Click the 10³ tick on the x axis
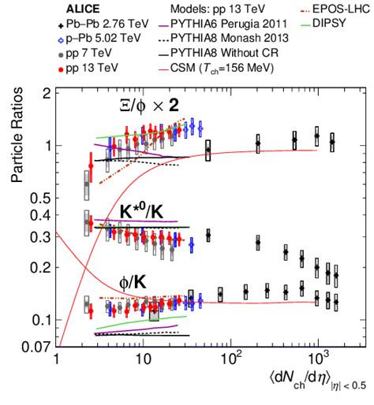(x=317, y=364)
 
